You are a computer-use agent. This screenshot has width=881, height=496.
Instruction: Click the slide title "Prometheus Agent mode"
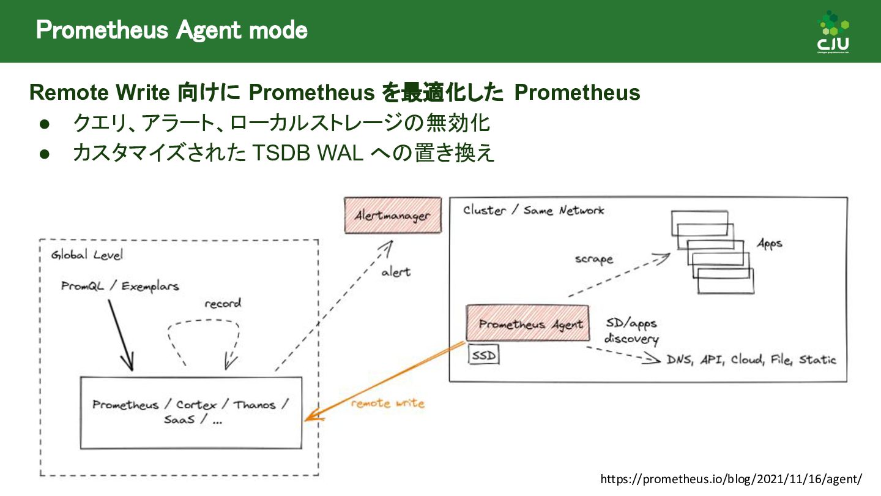[x=171, y=30]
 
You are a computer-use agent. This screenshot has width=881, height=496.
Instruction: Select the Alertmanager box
[x=392, y=215]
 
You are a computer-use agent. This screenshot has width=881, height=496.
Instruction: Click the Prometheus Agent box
[x=527, y=323]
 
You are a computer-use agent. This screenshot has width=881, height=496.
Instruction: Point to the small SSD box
[x=484, y=355]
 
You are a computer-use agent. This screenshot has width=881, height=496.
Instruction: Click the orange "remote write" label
[x=387, y=404]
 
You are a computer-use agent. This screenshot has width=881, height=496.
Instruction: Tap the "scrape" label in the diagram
[x=593, y=259]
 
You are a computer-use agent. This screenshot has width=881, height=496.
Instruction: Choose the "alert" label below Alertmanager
[x=396, y=272]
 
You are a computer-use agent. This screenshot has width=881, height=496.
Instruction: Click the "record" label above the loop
[x=223, y=303]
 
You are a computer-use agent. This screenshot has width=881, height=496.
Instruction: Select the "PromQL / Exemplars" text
[x=120, y=286]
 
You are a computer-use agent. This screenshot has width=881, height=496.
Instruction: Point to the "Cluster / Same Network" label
[x=533, y=211]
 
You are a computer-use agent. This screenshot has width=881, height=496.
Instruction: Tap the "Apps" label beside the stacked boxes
[x=769, y=243]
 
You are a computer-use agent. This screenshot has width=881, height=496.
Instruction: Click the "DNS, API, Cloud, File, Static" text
[x=751, y=359]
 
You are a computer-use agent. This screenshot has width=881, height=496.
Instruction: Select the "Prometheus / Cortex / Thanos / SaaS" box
[x=191, y=412]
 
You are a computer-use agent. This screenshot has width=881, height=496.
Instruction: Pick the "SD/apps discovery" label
[x=631, y=331]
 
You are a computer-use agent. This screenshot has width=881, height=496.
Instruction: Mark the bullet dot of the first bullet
[x=44, y=124]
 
